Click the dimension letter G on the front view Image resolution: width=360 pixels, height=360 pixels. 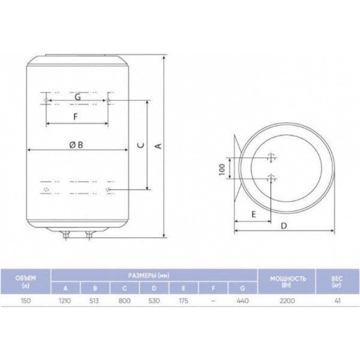78,97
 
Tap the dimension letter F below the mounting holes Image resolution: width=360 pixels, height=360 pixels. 76,116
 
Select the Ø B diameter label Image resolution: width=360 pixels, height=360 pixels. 76,145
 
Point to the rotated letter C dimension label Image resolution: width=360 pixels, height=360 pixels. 141,145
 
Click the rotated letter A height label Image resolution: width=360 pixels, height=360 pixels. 158,146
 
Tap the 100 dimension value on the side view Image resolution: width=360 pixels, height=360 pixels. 222,169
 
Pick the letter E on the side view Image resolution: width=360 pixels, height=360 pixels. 253,214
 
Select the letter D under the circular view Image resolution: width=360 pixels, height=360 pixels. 284,226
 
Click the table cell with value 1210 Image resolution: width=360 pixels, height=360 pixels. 65,301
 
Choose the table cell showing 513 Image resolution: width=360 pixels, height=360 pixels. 94,301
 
